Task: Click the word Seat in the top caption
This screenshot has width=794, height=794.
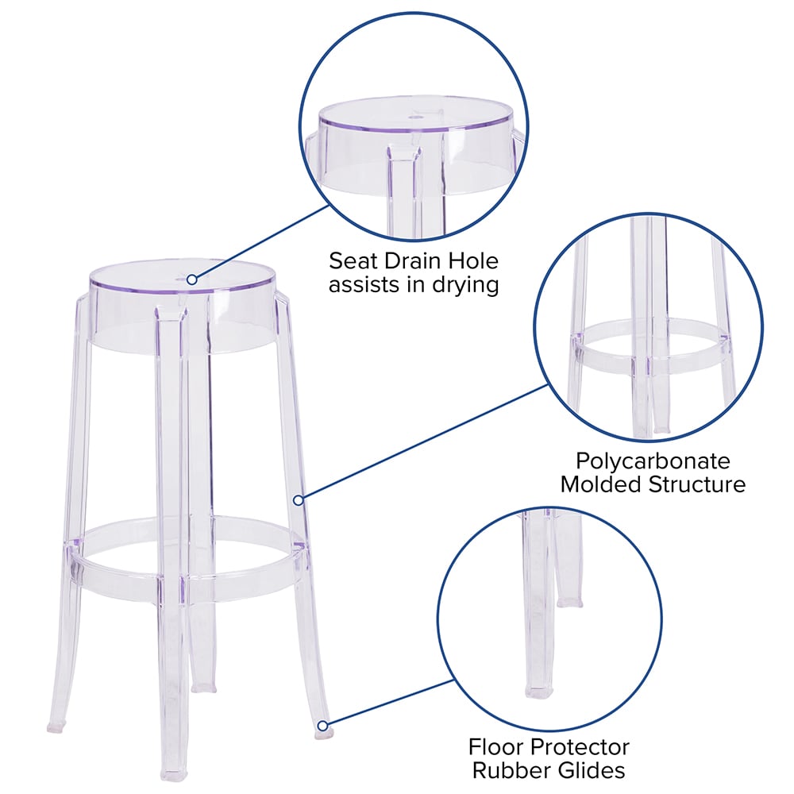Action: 353,261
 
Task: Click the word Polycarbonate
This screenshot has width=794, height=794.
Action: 653,461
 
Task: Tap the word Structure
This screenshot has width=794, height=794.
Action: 697,484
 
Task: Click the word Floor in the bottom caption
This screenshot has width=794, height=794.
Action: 497,747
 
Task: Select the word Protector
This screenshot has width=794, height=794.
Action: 581,747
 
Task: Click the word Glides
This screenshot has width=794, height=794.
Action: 589,770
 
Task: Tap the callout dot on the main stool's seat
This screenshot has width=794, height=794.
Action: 192,279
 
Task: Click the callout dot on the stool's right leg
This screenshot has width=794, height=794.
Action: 299,500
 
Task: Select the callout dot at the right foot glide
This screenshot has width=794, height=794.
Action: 323,727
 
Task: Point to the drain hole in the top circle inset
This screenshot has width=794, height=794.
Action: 416,117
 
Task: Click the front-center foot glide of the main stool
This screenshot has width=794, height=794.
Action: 174,775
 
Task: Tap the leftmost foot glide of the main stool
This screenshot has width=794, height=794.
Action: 56,727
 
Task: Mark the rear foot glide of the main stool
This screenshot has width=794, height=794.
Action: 203,688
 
